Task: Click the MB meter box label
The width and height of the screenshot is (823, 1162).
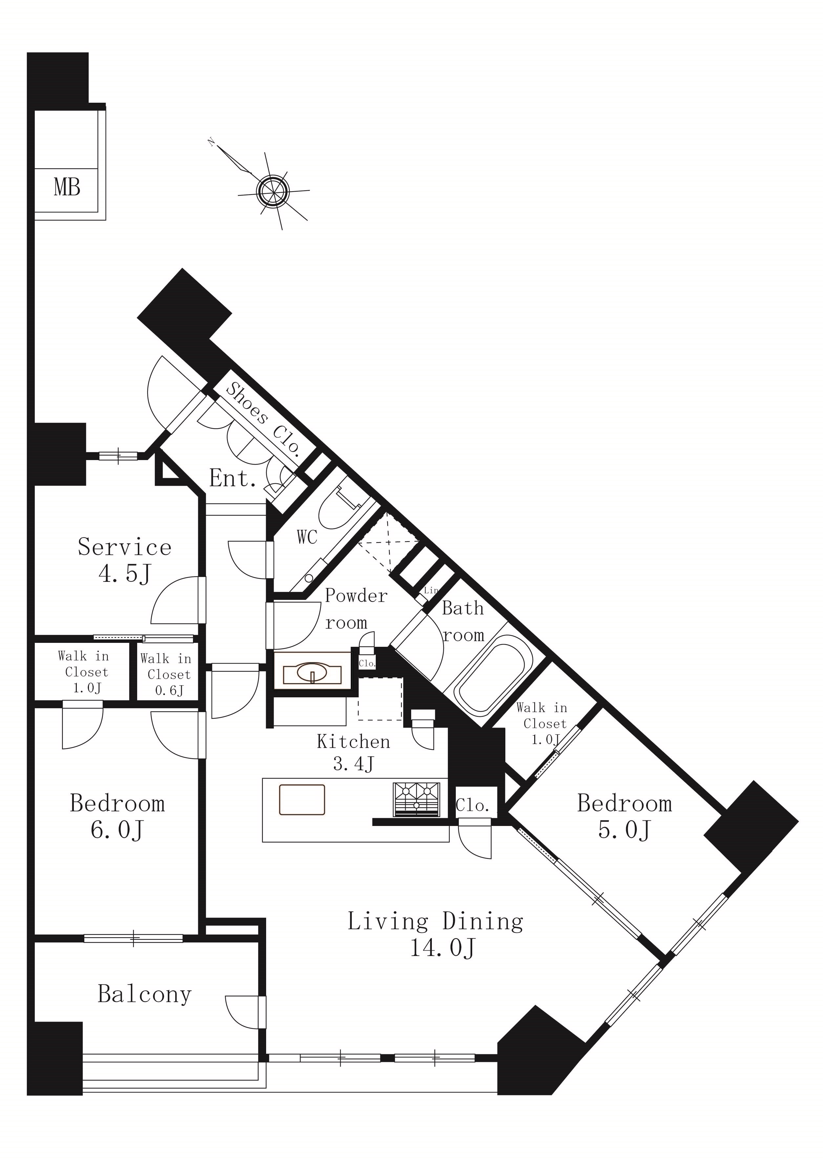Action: (67, 187)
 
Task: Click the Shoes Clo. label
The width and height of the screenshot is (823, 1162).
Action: (264, 417)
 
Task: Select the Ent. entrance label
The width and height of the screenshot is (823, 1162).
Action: (233, 478)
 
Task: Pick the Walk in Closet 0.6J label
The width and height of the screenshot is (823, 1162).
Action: (166, 674)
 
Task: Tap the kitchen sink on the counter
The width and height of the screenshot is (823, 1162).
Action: (302, 800)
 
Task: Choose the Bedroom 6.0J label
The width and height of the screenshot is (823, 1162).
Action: (117, 816)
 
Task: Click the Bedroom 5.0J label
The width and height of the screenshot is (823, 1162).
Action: (624, 816)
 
